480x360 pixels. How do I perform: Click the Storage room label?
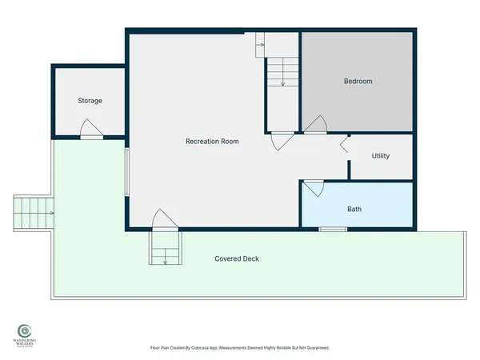click(x=90, y=101)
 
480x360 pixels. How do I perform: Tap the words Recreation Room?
click(x=212, y=142)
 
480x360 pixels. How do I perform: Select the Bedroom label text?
click(x=358, y=82)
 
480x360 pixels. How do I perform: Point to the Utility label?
click(x=381, y=156)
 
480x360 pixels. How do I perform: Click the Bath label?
click(x=354, y=210)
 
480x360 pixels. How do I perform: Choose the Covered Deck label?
click(x=237, y=259)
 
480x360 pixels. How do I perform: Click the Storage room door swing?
click(x=90, y=129)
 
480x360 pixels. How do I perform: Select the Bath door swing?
click(x=313, y=189)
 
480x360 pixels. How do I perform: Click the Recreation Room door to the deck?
click(x=163, y=219)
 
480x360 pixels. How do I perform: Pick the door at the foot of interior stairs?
click(x=281, y=141)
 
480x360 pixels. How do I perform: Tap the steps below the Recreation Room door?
click(x=164, y=249)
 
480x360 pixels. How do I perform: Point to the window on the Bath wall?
click(x=329, y=230)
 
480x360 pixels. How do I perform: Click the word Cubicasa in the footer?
click(x=210, y=348)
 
